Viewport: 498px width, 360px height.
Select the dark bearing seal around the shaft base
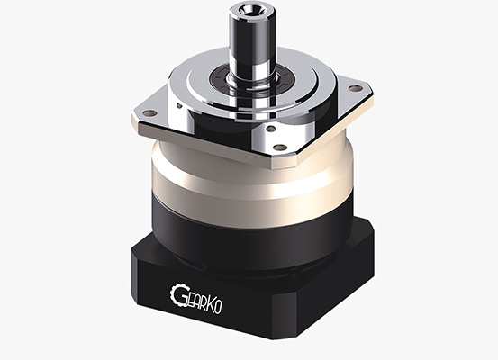251,79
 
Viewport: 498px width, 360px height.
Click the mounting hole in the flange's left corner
149,112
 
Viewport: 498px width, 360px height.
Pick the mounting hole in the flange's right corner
356,87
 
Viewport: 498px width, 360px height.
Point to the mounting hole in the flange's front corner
280,147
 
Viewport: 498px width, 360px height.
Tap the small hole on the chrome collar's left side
179,105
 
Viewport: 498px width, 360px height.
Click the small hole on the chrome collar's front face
271,129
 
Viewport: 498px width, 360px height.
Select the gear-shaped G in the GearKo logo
177,294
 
